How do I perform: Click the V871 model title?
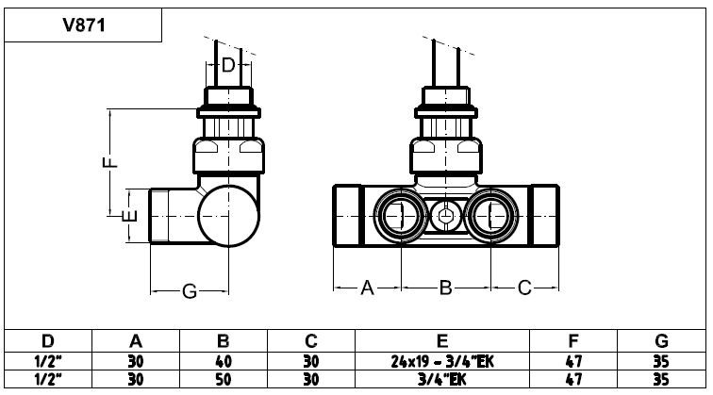tap(84, 25)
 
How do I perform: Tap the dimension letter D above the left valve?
tap(228, 65)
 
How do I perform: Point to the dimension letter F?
tap(110, 162)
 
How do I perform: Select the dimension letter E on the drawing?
tap(130, 216)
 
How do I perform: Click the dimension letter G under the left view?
tap(190, 291)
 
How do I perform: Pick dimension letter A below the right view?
tap(367, 288)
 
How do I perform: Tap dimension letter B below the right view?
tap(445, 288)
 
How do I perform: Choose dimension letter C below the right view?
tap(524, 288)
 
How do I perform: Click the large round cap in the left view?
tap(229, 216)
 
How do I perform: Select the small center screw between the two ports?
tap(446, 216)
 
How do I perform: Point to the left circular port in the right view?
tap(401, 216)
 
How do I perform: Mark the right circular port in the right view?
tap(491, 216)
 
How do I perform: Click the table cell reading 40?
tap(223, 361)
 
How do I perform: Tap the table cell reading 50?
tap(223, 379)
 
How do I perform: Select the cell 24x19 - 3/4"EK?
tap(442, 361)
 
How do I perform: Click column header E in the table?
tap(442, 341)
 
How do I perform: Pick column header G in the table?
tap(662, 341)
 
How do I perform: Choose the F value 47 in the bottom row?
tap(573, 379)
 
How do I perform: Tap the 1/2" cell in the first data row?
tap(48, 361)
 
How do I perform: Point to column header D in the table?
tap(48, 341)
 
